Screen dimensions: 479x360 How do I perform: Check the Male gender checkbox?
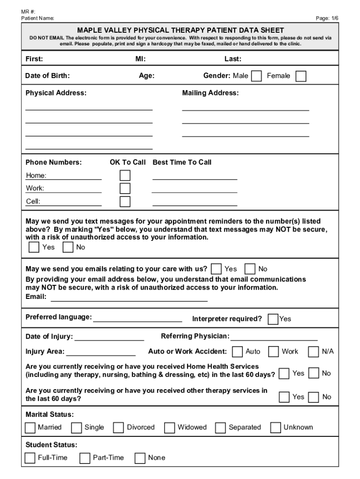click(x=256, y=76)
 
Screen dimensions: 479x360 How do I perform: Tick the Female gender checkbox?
click(x=301, y=76)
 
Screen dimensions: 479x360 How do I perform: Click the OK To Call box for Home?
click(x=125, y=175)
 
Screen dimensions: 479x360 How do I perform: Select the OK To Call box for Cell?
click(x=125, y=202)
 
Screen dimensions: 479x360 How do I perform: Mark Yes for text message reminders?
click(x=34, y=247)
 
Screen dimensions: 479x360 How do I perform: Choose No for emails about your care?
click(x=250, y=269)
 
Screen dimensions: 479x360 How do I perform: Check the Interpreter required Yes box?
click(x=273, y=319)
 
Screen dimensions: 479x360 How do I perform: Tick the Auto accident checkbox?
click(x=238, y=352)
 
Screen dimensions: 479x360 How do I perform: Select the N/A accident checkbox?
click(x=314, y=352)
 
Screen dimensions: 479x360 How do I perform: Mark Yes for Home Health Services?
click(x=284, y=374)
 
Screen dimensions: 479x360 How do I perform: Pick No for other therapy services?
click(x=314, y=397)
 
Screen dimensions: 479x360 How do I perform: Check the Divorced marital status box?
click(x=119, y=428)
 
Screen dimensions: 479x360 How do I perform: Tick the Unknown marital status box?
click(x=276, y=428)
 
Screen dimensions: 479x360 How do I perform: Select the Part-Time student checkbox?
click(x=85, y=458)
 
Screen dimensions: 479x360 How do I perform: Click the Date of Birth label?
click(x=48, y=76)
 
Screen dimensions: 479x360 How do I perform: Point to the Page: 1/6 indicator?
click(x=327, y=18)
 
